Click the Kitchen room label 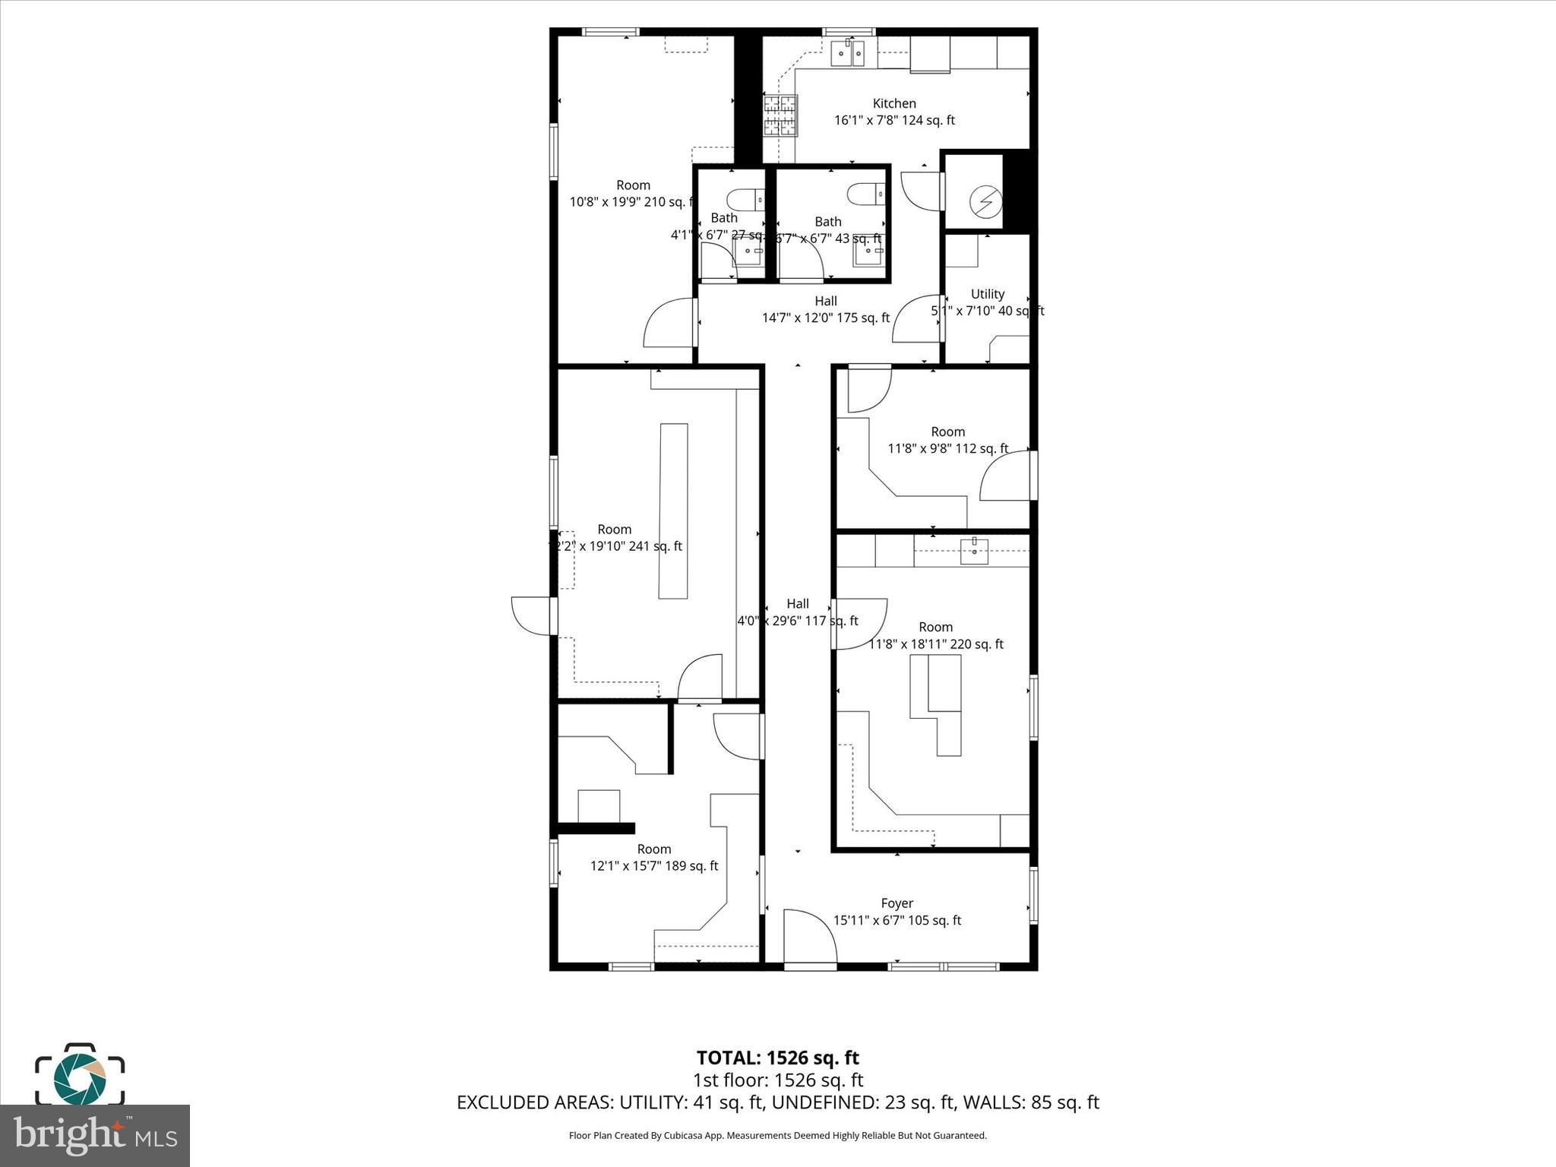pos(893,103)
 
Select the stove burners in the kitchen pos(780,115)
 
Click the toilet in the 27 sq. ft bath pos(745,200)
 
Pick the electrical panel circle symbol pos(985,201)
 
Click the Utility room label pos(987,294)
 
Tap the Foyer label pos(897,903)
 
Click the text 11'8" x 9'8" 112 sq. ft pos(947,449)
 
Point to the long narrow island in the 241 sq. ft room pos(673,511)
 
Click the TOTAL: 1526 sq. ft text pos(777,1058)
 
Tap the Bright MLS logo pos(95,1135)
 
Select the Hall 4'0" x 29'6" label pos(797,612)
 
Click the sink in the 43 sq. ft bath pos(867,253)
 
